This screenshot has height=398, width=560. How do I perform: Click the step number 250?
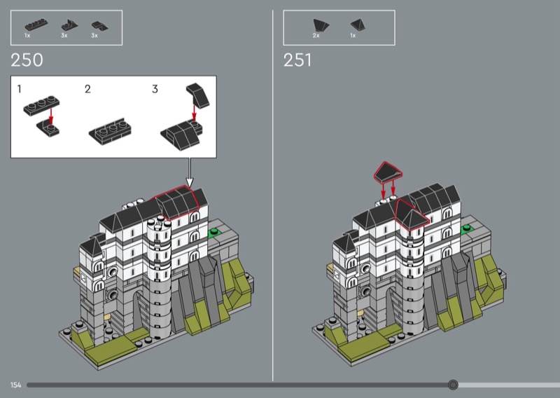[x=27, y=60]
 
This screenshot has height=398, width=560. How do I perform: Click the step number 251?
[x=297, y=60]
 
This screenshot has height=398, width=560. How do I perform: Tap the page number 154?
[x=15, y=385]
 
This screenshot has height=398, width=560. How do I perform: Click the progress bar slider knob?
[x=453, y=385]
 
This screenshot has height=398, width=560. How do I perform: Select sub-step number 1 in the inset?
[x=20, y=89]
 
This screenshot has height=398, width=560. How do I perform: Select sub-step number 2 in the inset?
[x=88, y=89]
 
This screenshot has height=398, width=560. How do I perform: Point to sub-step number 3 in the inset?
[x=155, y=89]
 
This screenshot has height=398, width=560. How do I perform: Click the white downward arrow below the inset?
[x=189, y=172]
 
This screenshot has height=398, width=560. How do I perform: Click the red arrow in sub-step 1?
[x=51, y=117]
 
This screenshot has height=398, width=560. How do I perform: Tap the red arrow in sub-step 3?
[x=194, y=113]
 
